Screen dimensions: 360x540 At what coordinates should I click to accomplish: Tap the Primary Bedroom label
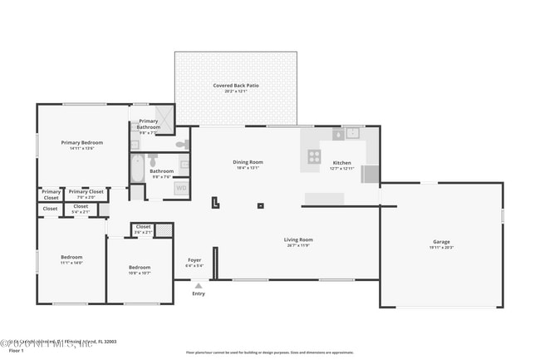(81, 145)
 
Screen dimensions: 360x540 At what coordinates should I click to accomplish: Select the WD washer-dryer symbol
(180, 189)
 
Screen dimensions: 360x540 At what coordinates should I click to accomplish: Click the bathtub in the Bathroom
(137, 170)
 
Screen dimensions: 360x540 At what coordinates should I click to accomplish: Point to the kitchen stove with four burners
(314, 155)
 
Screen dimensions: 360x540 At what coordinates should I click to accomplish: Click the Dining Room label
(248, 164)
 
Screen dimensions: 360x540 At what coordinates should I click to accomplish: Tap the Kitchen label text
(341, 163)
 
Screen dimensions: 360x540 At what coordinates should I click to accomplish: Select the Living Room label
(298, 241)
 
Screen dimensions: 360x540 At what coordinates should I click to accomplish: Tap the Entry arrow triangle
(198, 285)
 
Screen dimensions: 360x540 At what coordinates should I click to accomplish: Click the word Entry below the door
(198, 293)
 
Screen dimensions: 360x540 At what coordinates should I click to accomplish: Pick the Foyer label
(194, 261)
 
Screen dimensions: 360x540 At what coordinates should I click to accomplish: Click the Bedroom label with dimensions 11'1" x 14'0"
(71, 259)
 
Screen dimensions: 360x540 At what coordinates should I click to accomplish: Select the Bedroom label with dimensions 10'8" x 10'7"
(139, 269)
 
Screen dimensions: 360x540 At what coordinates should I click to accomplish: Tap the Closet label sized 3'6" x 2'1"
(143, 229)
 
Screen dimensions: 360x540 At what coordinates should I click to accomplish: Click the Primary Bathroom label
(148, 126)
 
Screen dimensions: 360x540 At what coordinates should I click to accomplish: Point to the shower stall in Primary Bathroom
(165, 117)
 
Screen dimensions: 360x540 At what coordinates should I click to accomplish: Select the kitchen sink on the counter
(351, 132)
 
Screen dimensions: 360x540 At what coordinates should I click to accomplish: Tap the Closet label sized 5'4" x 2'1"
(81, 209)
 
